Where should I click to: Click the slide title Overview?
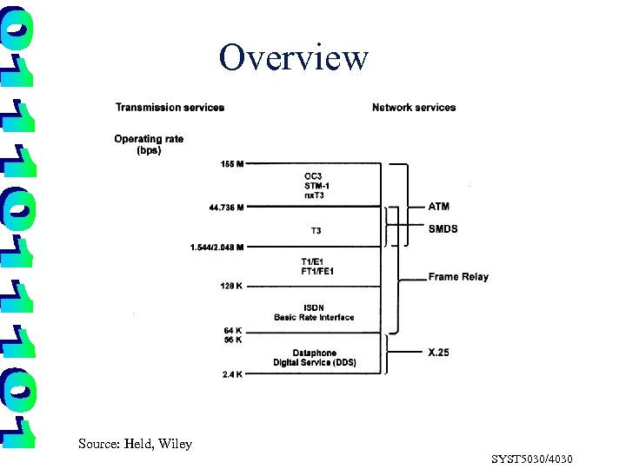tap(294, 58)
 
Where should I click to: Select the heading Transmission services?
tap(170, 108)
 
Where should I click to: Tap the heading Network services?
tap(414, 108)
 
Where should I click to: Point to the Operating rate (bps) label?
tap(149, 143)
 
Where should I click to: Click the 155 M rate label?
tap(231, 163)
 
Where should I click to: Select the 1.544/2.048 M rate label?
tap(216, 248)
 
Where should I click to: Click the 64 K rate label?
tap(232, 330)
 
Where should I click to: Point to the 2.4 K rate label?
tap(231, 374)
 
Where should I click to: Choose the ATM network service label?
tap(439, 207)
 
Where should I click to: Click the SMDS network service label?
tap(443, 229)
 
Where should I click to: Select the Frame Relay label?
tap(458, 277)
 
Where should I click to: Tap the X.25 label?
tap(439, 353)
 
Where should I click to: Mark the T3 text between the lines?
tap(316, 231)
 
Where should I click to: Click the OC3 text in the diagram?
tap(312, 175)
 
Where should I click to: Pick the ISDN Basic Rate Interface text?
tap(314, 313)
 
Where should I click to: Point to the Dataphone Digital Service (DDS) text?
tap(314, 358)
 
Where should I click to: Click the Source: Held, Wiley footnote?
tap(135, 444)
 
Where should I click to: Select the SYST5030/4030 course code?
tap(531, 459)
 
